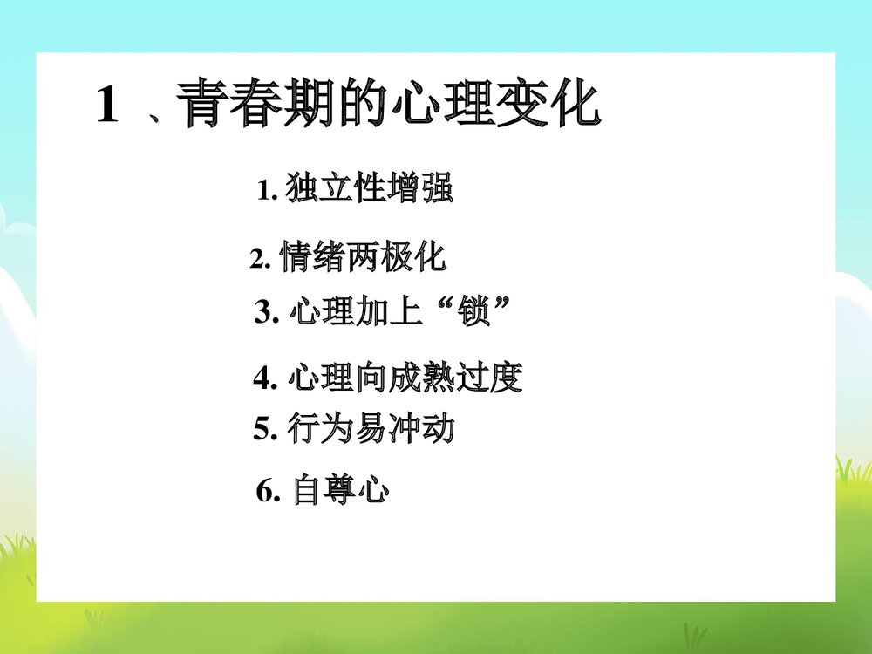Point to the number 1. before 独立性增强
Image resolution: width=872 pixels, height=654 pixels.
[268, 191]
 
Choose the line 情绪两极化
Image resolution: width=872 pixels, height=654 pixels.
[363, 258]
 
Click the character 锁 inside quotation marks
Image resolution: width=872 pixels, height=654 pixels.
[475, 311]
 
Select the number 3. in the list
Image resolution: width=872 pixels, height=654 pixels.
[265, 312]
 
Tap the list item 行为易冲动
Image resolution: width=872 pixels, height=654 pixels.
[370, 429]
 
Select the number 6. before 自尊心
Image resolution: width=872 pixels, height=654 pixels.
[268, 494]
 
